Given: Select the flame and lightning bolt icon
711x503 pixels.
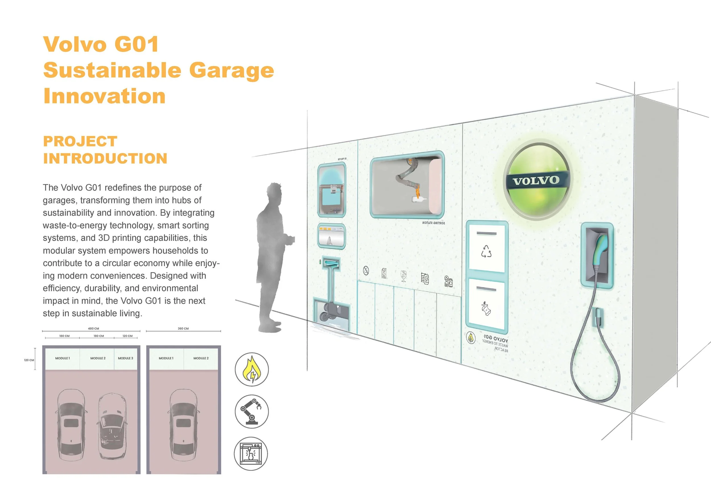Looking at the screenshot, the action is [x=252, y=369].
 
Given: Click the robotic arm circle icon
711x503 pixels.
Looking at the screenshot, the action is [x=252, y=411].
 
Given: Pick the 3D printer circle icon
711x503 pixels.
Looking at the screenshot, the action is [x=251, y=453].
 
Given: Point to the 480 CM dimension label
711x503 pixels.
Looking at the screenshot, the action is [x=94, y=328].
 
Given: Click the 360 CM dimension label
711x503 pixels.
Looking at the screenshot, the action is [x=183, y=328].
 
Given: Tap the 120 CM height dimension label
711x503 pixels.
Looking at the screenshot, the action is [x=29, y=360].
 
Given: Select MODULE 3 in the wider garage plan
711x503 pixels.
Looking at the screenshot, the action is [x=125, y=358].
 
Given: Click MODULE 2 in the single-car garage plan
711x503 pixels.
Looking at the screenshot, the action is [x=201, y=358].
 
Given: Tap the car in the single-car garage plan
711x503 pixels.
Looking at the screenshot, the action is [x=183, y=424].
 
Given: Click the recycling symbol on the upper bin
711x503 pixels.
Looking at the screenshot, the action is [x=486, y=251].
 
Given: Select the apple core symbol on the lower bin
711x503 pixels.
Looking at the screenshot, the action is [x=485, y=308].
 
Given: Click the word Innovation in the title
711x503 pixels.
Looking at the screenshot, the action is [x=104, y=96].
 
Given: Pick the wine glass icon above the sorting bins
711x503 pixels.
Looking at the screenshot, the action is [x=403, y=276].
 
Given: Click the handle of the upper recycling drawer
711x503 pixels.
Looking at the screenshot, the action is [x=486, y=234].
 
